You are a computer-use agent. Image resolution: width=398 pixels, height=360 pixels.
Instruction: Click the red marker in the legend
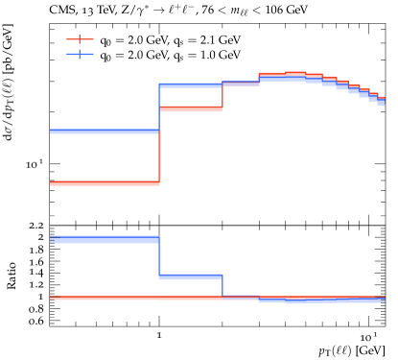pos(80,39)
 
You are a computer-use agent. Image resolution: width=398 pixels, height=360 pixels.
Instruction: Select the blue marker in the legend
pos(80,54)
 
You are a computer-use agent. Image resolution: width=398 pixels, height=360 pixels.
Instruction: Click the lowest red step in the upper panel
pos(104,182)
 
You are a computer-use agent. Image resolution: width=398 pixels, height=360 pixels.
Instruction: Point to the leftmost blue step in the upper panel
pos(104,131)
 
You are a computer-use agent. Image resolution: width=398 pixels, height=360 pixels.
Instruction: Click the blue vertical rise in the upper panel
pos(159,108)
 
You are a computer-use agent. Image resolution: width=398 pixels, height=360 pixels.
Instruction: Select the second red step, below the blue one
pos(191,108)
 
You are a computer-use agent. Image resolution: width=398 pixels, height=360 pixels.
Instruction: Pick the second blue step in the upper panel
pos(191,85)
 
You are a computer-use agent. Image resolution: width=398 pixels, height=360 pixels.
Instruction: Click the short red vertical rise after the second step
pos(222,96)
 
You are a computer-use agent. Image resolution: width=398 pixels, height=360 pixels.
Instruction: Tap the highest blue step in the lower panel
pos(104,239)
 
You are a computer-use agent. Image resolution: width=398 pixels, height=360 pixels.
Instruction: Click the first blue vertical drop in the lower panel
pos(159,257)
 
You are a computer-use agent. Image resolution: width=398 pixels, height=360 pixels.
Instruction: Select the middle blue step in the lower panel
pos(191,276)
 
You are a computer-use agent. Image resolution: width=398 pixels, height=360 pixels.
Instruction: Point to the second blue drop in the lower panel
pos(222,286)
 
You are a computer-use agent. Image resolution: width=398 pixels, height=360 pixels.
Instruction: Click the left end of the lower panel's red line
pos(52,298)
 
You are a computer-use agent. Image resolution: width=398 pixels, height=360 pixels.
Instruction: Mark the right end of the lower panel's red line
pos(383,298)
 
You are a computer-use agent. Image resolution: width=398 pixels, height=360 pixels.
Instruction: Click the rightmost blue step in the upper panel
pos(381,102)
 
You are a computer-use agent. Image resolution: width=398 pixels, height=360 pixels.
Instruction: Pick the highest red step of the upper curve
pos(295,73)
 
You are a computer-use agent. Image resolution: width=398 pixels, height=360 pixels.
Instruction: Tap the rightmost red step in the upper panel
pos(381,98)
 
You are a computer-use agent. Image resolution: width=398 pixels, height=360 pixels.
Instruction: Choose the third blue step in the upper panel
pos(241,83)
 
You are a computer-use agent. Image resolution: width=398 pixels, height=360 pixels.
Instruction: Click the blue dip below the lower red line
pos(295,301)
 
